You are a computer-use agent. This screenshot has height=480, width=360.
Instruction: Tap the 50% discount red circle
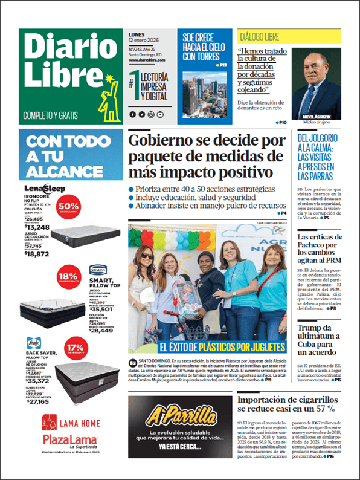[x=68, y=204]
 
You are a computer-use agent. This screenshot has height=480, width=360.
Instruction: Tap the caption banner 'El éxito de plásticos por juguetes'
[x=222, y=347]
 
